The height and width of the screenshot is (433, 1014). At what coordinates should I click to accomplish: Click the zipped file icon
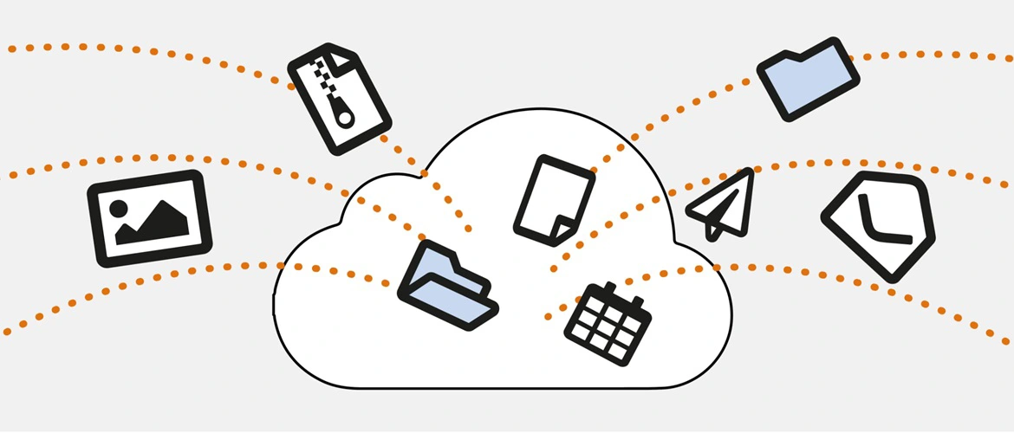pyautogui.click(x=339, y=97)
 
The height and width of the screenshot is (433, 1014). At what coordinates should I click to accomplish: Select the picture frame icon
pyautogui.click(x=150, y=218)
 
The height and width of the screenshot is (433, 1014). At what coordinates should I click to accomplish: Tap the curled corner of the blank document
pyautogui.click(x=562, y=227)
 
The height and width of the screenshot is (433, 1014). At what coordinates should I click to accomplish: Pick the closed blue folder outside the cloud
pyautogui.click(x=809, y=78)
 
